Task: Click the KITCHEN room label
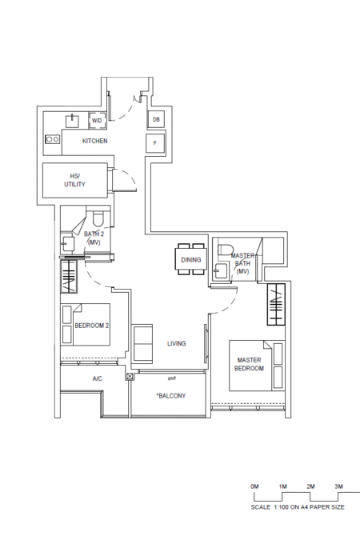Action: (94, 141)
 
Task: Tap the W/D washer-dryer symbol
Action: (97, 121)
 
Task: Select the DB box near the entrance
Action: (156, 120)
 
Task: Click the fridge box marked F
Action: (155, 143)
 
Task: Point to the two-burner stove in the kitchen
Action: (53, 139)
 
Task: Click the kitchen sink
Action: (72, 122)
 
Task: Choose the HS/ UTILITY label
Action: (74, 180)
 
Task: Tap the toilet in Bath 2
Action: (98, 219)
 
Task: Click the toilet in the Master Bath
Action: (226, 250)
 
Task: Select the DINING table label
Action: (190, 260)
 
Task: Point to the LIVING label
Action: (177, 343)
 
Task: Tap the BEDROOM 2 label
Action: (92, 326)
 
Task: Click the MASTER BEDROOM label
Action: (250, 364)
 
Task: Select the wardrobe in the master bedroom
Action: (276, 304)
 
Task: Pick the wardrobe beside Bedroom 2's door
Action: (69, 277)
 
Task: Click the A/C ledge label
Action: (97, 378)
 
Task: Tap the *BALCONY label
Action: (171, 395)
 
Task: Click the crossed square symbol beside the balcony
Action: (130, 377)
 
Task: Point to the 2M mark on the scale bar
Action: (310, 486)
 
